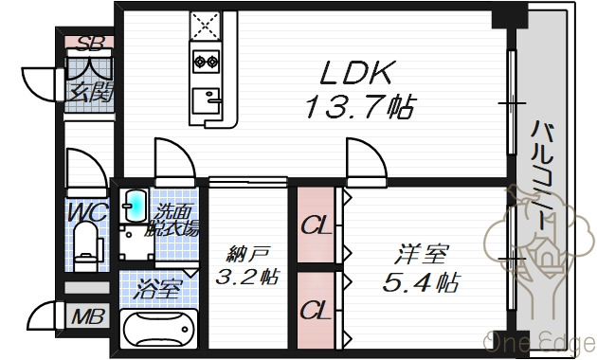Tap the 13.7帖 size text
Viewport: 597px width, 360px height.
[358, 107]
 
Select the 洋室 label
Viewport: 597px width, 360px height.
[422, 255]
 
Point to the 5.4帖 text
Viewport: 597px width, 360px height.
[422, 281]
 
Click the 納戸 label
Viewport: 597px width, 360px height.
[247, 253]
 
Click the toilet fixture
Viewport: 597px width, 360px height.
[88, 244]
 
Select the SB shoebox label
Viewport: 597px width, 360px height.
[89, 43]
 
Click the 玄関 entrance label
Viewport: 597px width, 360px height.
[89, 93]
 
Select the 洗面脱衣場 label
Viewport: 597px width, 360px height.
[176, 220]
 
